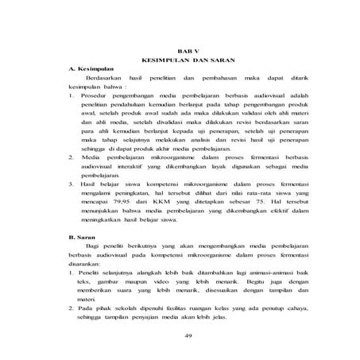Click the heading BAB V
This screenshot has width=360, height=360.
pos(184,50)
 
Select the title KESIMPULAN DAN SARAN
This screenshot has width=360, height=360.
pos(184,60)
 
